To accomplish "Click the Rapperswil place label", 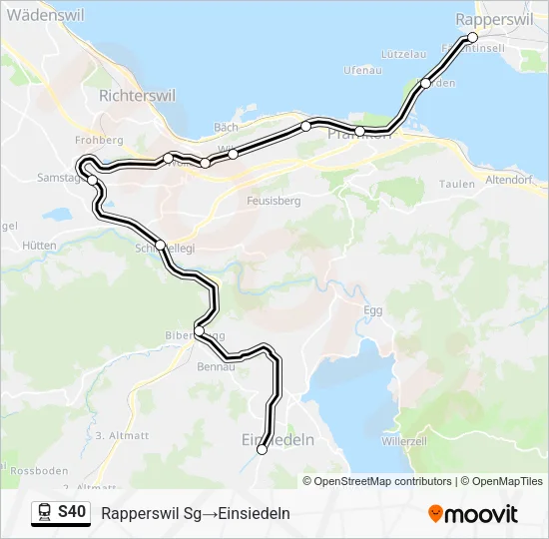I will pyautogui.click(x=496, y=19).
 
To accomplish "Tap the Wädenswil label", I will pyautogui.click(x=44, y=16).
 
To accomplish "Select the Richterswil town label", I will pyautogui.click(x=138, y=96).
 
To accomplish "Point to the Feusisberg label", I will pyautogui.click(x=273, y=200).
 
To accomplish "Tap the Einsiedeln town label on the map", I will pyautogui.click(x=278, y=439).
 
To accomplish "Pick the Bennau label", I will pyautogui.click(x=216, y=367).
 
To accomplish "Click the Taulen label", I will pyautogui.click(x=456, y=184).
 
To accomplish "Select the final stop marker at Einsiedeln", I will pyautogui.click(x=263, y=450).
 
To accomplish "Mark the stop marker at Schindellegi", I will pyautogui.click(x=160, y=244).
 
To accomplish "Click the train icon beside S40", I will pyautogui.click(x=45, y=512).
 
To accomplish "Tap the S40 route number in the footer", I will pyautogui.click(x=73, y=512).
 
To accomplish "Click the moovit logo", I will pyautogui.click(x=473, y=514).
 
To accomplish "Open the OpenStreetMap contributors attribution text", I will pyautogui.click(x=383, y=481).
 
